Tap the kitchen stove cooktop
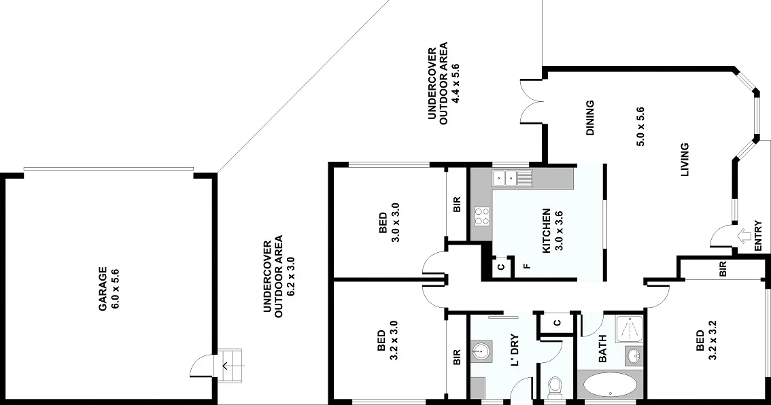coord(481,216)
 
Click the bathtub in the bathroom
coord(610,385)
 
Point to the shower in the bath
coord(628,330)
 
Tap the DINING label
coord(589,118)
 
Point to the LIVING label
coord(685,160)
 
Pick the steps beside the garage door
coord(231,367)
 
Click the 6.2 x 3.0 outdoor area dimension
coord(290,276)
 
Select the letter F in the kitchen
coord(526,266)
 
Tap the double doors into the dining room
coord(530,102)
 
